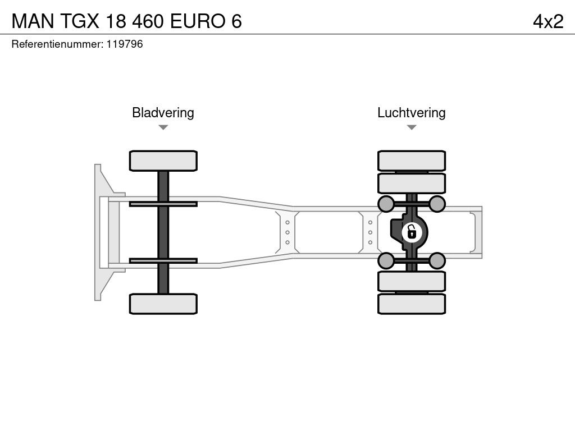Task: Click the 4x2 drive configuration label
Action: tap(547, 21)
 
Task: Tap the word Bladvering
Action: tap(163, 113)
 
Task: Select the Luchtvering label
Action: tap(411, 113)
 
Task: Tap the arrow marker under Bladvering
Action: tap(163, 128)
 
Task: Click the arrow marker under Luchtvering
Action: tap(411, 128)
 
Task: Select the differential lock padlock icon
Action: tap(412, 231)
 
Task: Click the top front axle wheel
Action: tap(163, 161)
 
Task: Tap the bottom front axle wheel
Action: tap(163, 304)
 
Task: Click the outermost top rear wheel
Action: tap(412, 161)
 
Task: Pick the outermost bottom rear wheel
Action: tap(412, 304)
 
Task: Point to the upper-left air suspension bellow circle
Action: tap(386, 203)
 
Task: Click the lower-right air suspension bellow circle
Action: tap(437, 260)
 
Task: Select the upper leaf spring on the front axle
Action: tap(163, 204)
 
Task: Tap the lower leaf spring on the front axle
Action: tap(163, 260)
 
